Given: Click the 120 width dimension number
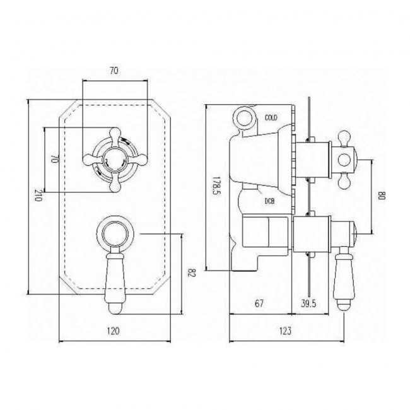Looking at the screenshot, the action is pyautogui.click(x=113, y=331).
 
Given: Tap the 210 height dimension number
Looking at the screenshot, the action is pyautogui.click(x=38, y=195).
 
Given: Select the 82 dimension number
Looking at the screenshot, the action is pyautogui.click(x=192, y=274).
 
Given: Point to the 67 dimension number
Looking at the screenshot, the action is pyautogui.click(x=259, y=303).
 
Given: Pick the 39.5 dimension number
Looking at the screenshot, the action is pyautogui.click(x=308, y=303).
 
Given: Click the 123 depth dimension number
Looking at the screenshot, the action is pyautogui.click(x=285, y=331).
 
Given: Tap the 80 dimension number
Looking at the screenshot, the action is pyautogui.click(x=382, y=196).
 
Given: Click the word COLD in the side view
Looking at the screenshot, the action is pyautogui.click(x=271, y=118).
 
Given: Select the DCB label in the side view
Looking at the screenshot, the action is pyautogui.click(x=269, y=201).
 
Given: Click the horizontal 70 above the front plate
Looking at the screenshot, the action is pyautogui.click(x=114, y=71).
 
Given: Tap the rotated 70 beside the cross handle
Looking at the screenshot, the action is pyautogui.click(x=54, y=159).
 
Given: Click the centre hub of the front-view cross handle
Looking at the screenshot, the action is pyautogui.click(x=115, y=160).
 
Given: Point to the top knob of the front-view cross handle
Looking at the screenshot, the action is pyautogui.click(x=115, y=134).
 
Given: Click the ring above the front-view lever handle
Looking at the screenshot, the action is pyautogui.click(x=115, y=231).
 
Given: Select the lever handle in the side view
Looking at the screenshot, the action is pyautogui.click(x=344, y=278).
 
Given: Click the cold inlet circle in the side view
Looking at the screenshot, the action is pyautogui.click(x=245, y=118).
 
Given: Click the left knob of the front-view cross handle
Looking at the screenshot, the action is pyautogui.click(x=90, y=160).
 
